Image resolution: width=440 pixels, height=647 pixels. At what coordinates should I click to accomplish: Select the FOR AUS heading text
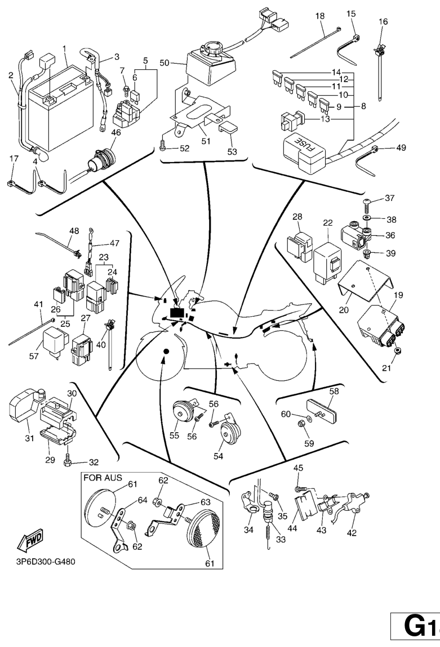pyautogui.click(x=103, y=478)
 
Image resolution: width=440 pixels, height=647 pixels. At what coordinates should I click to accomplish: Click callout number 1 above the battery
pyautogui.click(x=65, y=48)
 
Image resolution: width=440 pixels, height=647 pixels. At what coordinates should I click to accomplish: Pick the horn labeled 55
pyautogui.click(x=181, y=415)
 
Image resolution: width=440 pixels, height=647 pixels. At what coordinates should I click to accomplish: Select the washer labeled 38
pyautogui.click(x=367, y=216)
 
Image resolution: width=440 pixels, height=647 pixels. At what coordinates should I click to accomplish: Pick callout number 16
pyautogui.click(x=383, y=21)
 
